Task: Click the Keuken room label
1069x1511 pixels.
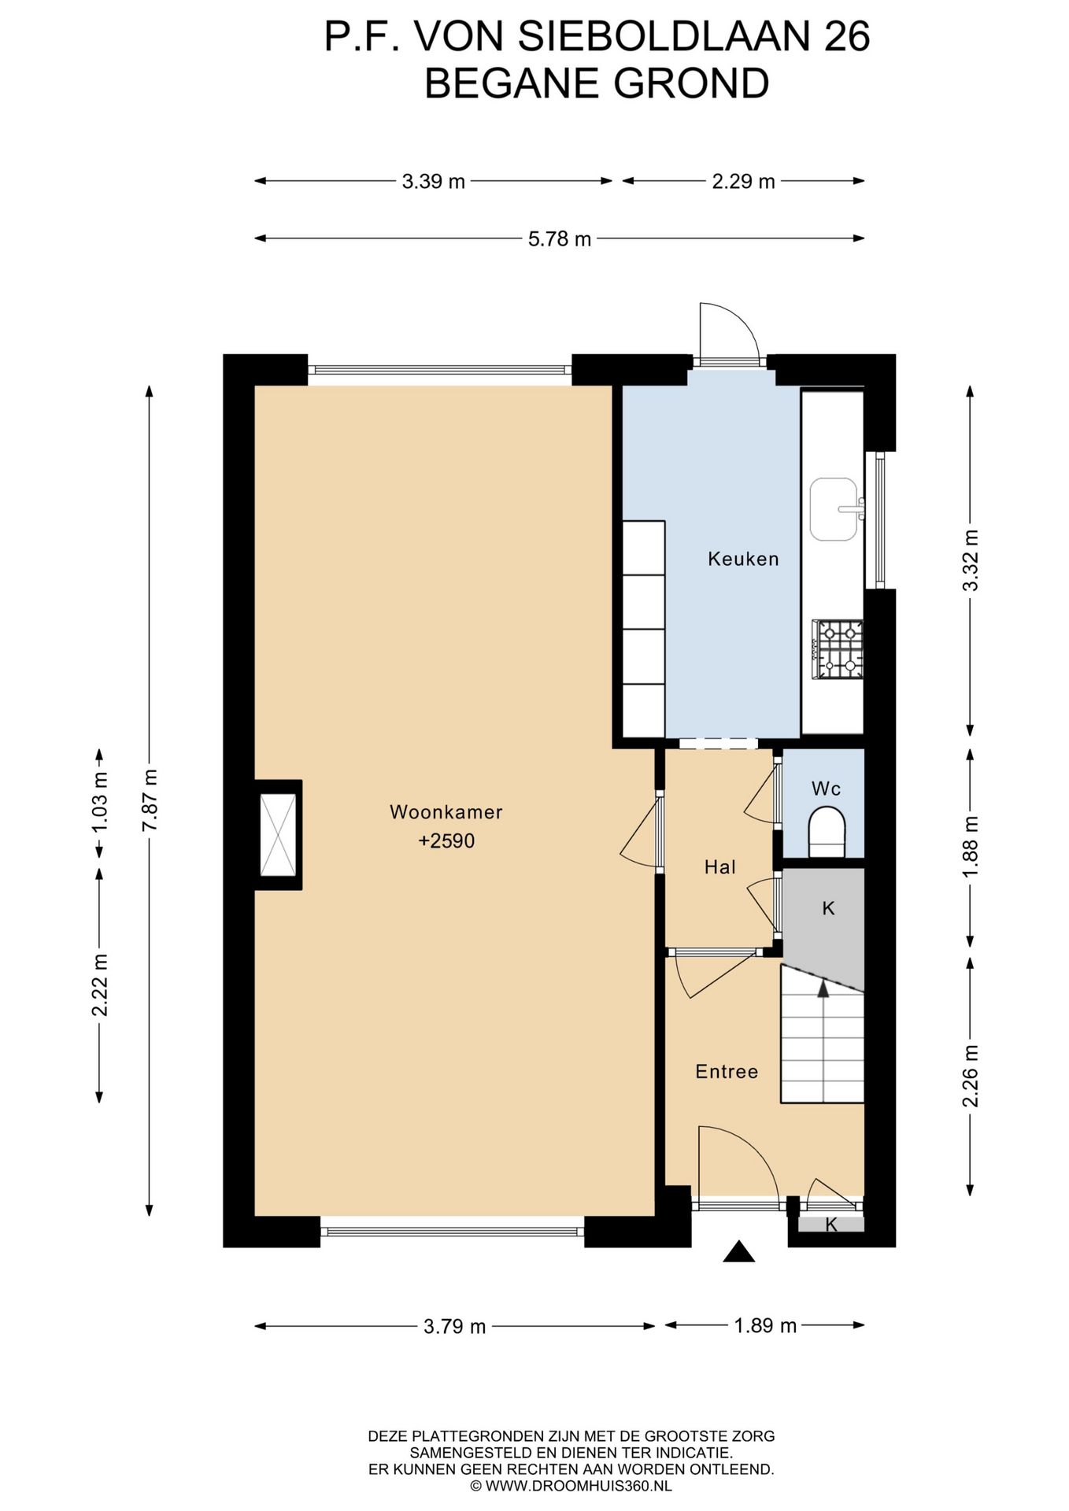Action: tap(743, 559)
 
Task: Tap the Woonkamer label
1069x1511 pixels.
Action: tap(446, 811)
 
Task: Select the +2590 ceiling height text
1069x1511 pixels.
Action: tap(446, 840)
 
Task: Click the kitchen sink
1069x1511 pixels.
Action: tap(835, 509)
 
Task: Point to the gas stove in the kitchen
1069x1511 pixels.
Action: tap(838, 649)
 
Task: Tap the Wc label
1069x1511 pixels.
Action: tap(827, 789)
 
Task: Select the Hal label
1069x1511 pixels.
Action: tap(720, 867)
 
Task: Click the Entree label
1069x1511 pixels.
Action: tap(727, 1071)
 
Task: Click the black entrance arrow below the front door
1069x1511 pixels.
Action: tap(738, 1251)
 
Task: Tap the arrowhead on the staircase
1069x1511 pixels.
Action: tap(823, 988)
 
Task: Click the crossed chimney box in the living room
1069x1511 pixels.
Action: tap(278, 834)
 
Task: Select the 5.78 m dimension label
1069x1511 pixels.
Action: tap(560, 239)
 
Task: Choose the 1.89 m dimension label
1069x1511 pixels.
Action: tap(766, 1326)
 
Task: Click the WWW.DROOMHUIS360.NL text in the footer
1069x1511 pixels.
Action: tap(579, 1486)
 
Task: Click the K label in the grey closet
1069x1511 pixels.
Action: tap(828, 908)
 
